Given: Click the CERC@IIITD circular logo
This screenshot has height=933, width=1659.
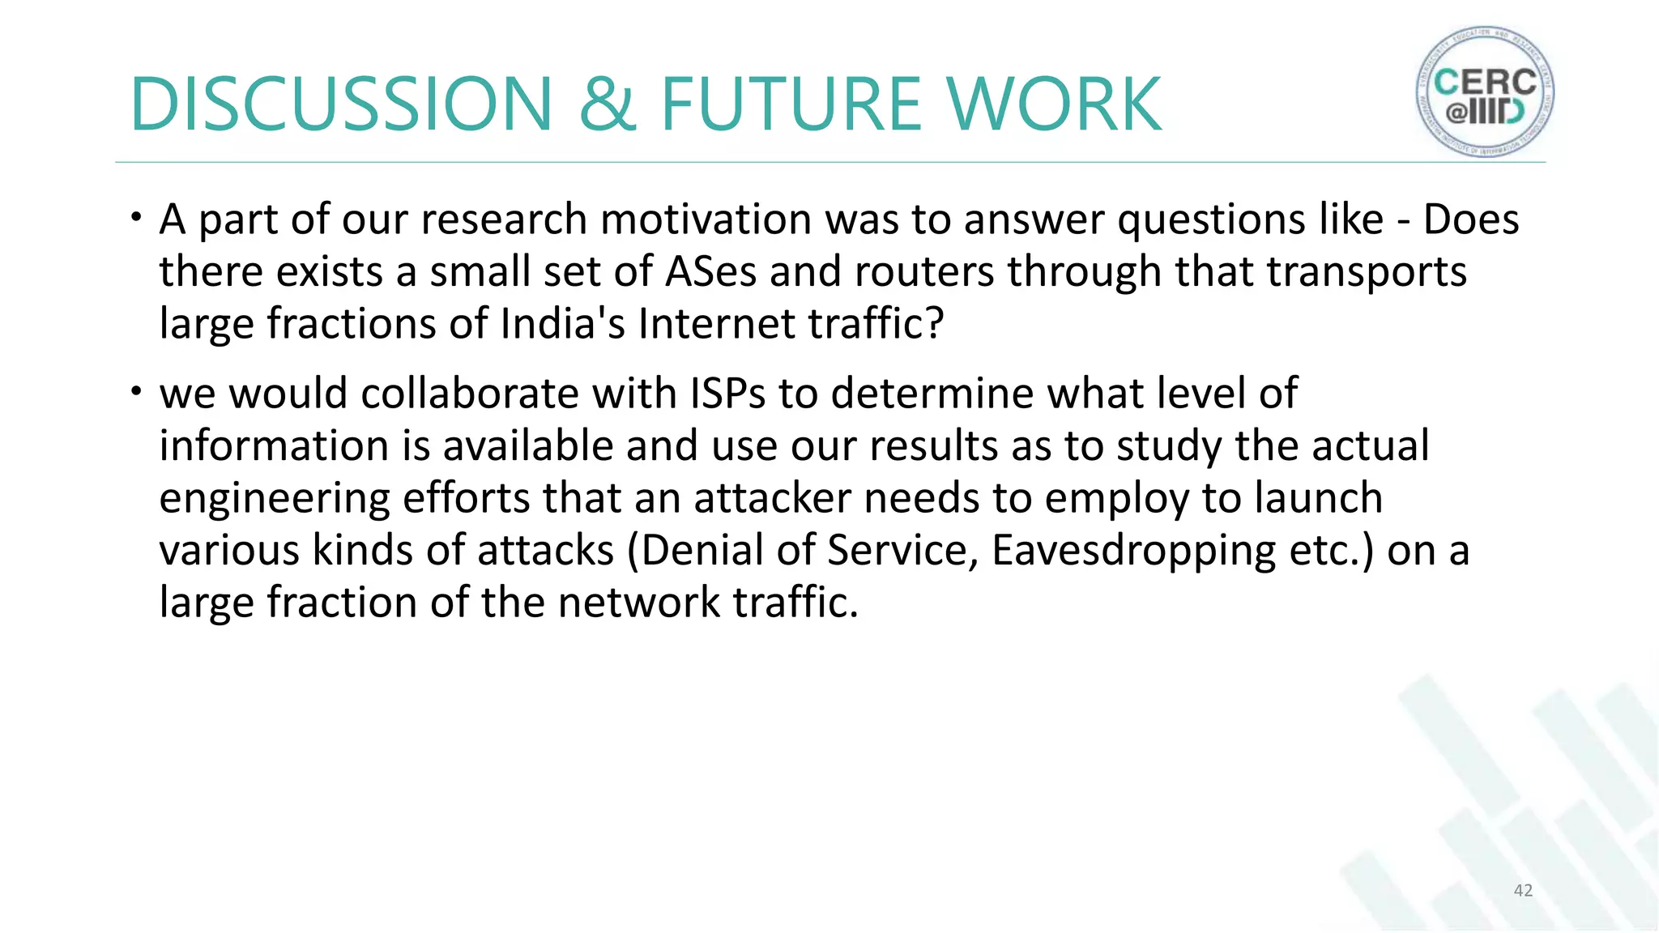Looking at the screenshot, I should click(1485, 92).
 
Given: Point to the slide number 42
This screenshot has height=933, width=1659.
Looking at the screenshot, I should click(1523, 890).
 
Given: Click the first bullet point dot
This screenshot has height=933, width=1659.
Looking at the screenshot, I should click(137, 216).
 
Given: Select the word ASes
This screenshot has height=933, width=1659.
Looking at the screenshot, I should click(710, 271).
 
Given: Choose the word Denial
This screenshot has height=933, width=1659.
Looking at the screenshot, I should click(702, 551).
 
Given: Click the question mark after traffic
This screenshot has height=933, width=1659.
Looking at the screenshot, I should click(935, 324).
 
